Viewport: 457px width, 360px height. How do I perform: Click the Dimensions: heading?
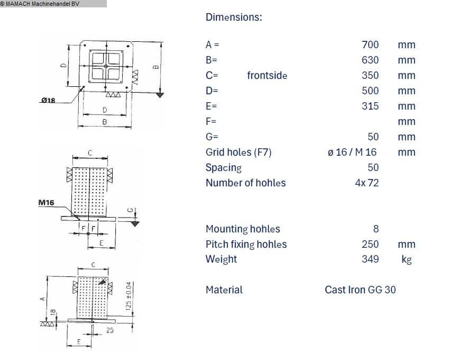click(233, 17)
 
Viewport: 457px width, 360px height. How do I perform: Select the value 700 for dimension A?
click(370, 45)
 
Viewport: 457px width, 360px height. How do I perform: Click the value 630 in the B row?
click(370, 60)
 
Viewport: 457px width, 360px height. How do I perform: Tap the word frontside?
click(267, 75)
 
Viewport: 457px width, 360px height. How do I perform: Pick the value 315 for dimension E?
click(370, 106)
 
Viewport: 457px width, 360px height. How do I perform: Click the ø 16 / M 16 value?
click(352, 152)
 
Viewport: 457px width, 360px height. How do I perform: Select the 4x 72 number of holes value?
click(367, 183)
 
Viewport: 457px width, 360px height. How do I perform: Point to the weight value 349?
click(370, 259)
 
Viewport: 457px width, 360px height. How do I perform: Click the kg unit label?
click(406, 259)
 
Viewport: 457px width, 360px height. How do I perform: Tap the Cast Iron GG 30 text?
click(360, 290)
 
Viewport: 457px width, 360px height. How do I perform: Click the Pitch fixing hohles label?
click(246, 244)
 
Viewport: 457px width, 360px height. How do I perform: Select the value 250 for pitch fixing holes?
click(370, 244)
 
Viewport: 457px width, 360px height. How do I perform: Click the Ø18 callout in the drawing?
click(48, 100)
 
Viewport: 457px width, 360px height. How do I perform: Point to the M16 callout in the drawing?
click(47, 202)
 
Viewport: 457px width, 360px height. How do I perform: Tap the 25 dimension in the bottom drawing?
click(109, 331)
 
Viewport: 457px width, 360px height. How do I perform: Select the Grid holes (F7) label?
click(238, 152)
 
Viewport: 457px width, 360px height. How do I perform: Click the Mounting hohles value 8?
click(376, 229)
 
